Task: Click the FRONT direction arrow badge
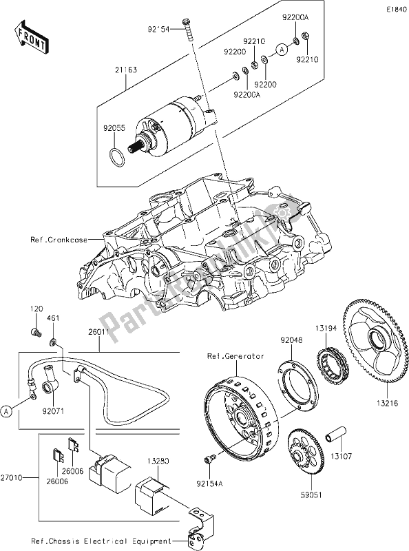[x=31, y=37]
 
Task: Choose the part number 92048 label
[x=292, y=338]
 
